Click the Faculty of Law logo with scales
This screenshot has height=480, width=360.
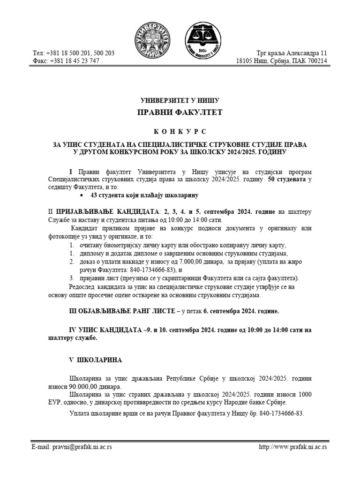pyautogui.click(x=205, y=40)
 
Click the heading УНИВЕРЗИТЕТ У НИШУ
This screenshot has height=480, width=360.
pyautogui.click(x=180, y=100)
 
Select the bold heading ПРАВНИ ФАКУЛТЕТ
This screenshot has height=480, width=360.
pyautogui.click(x=180, y=112)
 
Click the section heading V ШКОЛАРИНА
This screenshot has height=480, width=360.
pyautogui.click(x=95, y=360)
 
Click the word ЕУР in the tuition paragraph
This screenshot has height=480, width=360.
pyautogui.click(x=38, y=403)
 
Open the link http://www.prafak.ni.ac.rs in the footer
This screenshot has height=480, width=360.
pyautogui.click(x=293, y=447)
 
